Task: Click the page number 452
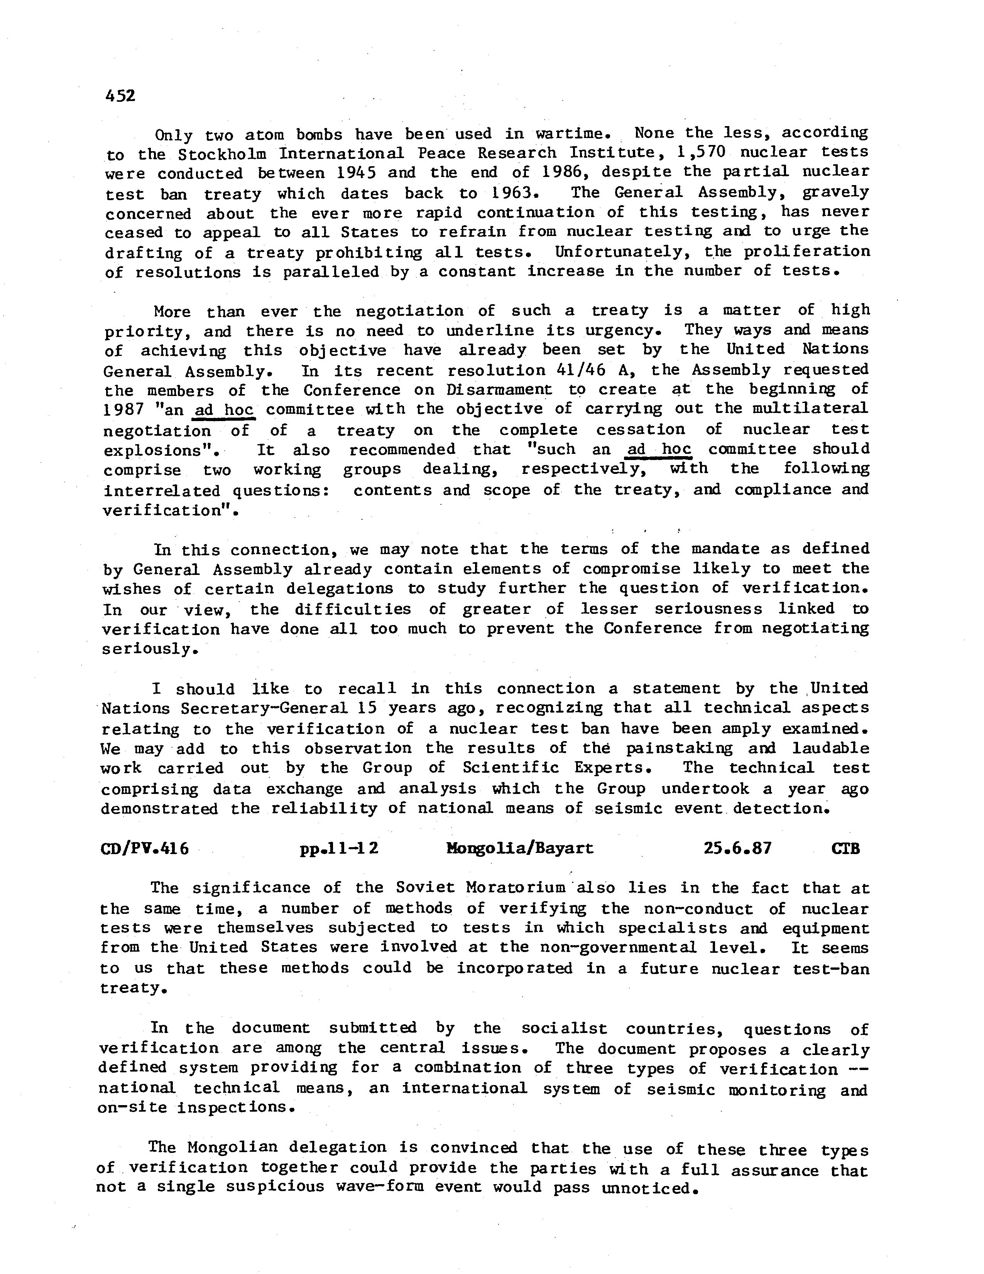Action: click(x=120, y=96)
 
